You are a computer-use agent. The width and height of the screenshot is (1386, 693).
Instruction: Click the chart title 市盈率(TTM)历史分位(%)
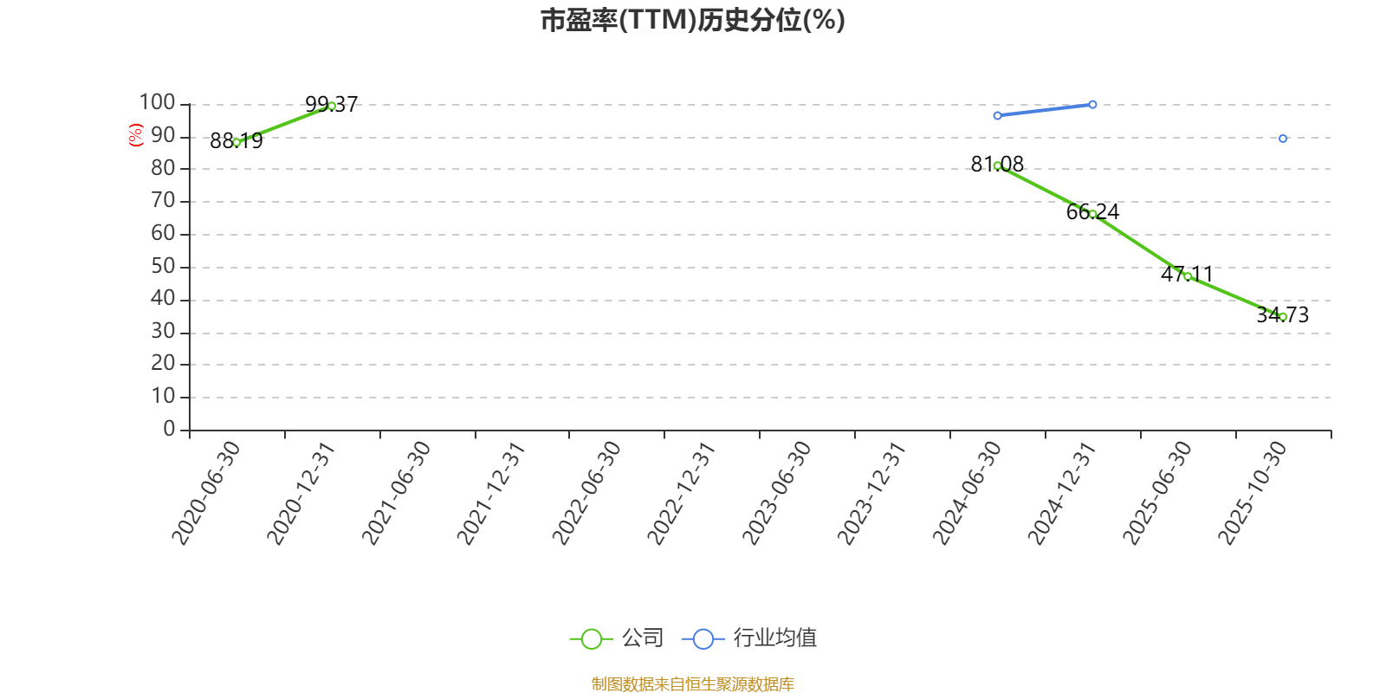[692, 20]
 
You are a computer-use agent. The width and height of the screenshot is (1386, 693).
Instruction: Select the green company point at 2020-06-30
[236, 142]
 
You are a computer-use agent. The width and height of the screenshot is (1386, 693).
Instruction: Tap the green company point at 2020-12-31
[332, 106]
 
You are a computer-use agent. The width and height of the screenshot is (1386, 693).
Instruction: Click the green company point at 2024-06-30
[997, 165]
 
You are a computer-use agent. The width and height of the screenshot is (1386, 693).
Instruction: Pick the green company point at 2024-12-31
[1092, 214]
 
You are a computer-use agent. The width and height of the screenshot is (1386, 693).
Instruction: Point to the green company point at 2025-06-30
[1188, 276]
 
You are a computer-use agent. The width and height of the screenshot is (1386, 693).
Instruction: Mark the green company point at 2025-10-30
[1283, 317]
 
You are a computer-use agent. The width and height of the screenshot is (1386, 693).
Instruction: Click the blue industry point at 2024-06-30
[997, 115]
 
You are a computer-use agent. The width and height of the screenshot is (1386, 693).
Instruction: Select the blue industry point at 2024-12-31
[1092, 105]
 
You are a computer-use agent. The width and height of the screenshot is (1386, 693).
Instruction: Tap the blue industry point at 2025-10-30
[1283, 139]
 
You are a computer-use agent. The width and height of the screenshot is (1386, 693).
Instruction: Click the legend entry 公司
[618, 639]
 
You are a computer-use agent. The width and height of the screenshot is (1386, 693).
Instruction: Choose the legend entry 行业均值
[750, 639]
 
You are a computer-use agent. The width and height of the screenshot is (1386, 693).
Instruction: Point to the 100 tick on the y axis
[158, 103]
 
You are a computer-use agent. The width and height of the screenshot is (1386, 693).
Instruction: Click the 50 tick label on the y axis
[163, 267]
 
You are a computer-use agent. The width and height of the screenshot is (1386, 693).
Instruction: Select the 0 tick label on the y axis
[169, 430]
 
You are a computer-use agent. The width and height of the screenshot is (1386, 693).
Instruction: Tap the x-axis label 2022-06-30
[587, 492]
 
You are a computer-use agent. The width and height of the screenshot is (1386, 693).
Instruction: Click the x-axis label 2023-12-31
[871, 492]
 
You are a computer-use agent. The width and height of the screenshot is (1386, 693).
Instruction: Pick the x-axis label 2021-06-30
[396, 492]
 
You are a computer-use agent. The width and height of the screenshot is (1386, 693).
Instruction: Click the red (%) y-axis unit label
[135, 135]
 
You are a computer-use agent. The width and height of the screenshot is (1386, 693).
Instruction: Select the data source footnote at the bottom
[692, 684]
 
